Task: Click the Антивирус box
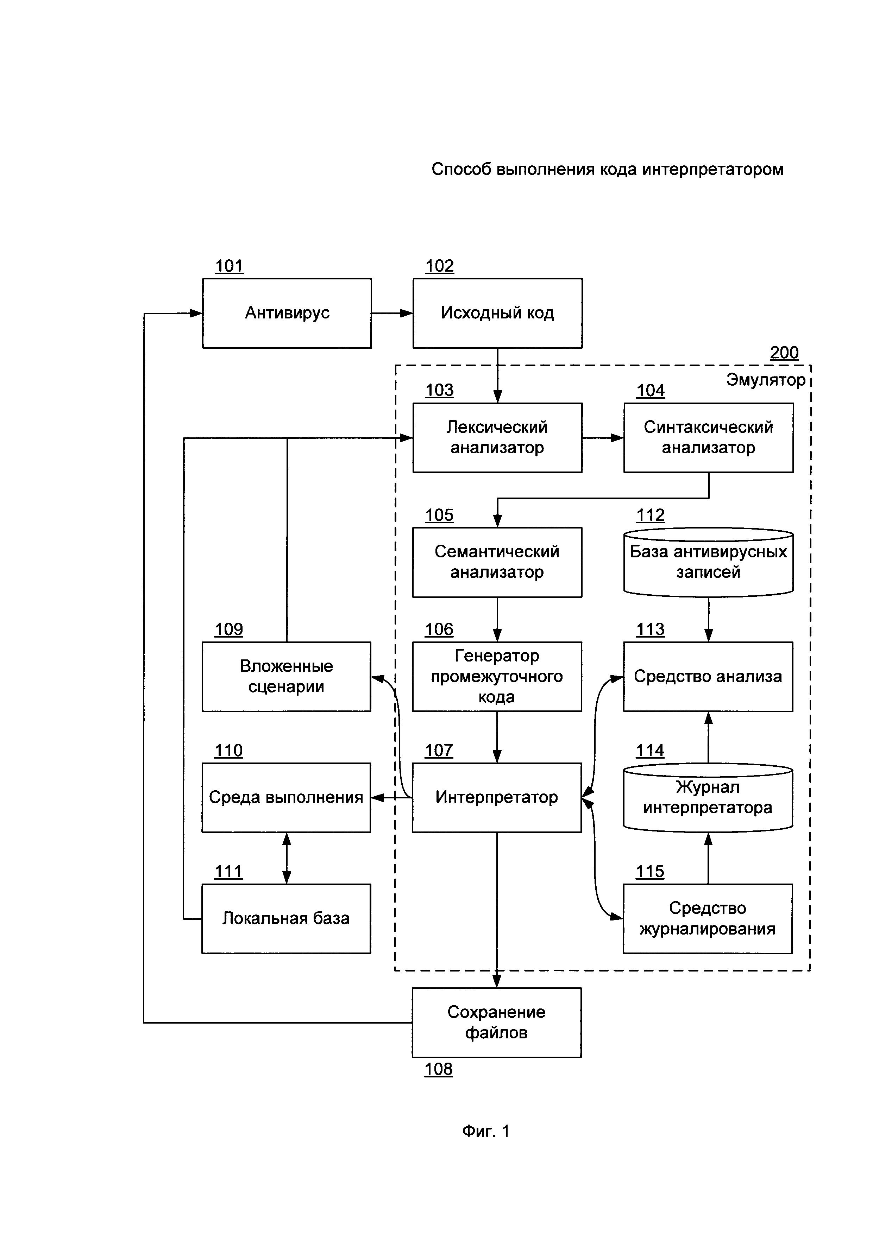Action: click(287, 313)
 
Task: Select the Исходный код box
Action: click(497, 313)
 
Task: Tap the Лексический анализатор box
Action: click(497, 437)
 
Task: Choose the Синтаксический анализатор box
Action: click(708, 437)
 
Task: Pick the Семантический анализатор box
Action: click(497, 562)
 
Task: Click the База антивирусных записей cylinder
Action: click(708, 562)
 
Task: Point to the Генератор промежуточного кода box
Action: click(497, 677)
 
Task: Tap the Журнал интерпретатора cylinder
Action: click(708, 798)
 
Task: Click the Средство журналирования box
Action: click(708, 918)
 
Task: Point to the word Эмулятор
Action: click(766, 380)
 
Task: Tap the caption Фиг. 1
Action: click(485, 1131)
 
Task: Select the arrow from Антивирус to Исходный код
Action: click(392, 313)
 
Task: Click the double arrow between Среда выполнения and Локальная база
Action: click(287, 858)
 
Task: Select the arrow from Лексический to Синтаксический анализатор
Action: click(603, 437)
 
